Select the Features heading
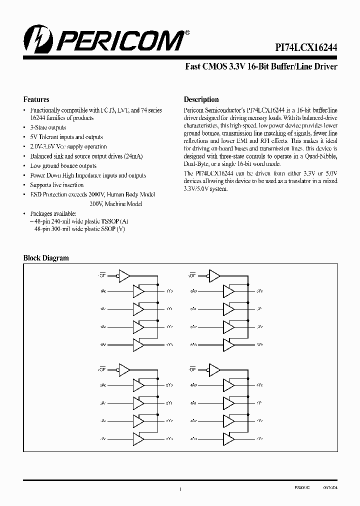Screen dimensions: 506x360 36,99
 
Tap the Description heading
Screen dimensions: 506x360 201,99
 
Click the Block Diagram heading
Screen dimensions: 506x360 46,258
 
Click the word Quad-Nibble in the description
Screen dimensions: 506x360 322,156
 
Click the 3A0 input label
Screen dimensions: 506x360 193,290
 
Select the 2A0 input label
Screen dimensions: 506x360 103,385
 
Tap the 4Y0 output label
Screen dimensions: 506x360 259,385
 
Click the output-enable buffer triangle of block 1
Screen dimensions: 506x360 124,275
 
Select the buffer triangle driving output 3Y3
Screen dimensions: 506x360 228,344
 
